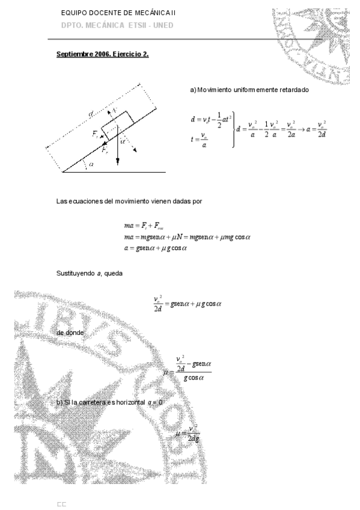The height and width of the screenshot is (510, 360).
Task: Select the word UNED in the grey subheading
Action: [162, 25]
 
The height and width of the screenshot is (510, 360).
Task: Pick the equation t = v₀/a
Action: [201, 139]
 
